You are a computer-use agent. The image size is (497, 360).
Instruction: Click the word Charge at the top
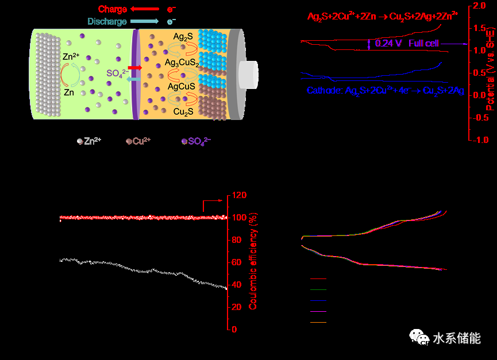[112, 9]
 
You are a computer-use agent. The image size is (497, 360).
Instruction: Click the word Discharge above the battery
[107, 22]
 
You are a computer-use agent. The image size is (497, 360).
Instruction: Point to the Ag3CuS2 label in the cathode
[183, 62]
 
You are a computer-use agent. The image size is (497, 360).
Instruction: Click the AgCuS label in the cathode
[182, 86]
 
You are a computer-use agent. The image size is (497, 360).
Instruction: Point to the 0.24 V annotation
[388, 44]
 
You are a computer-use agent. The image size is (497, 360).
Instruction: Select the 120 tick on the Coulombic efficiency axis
[238, 195]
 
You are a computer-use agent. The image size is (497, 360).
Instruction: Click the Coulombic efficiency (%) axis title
[253, 262]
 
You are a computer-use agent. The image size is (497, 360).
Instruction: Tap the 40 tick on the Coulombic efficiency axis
[236, 285]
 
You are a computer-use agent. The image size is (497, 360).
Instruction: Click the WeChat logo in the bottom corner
[419, 338]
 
